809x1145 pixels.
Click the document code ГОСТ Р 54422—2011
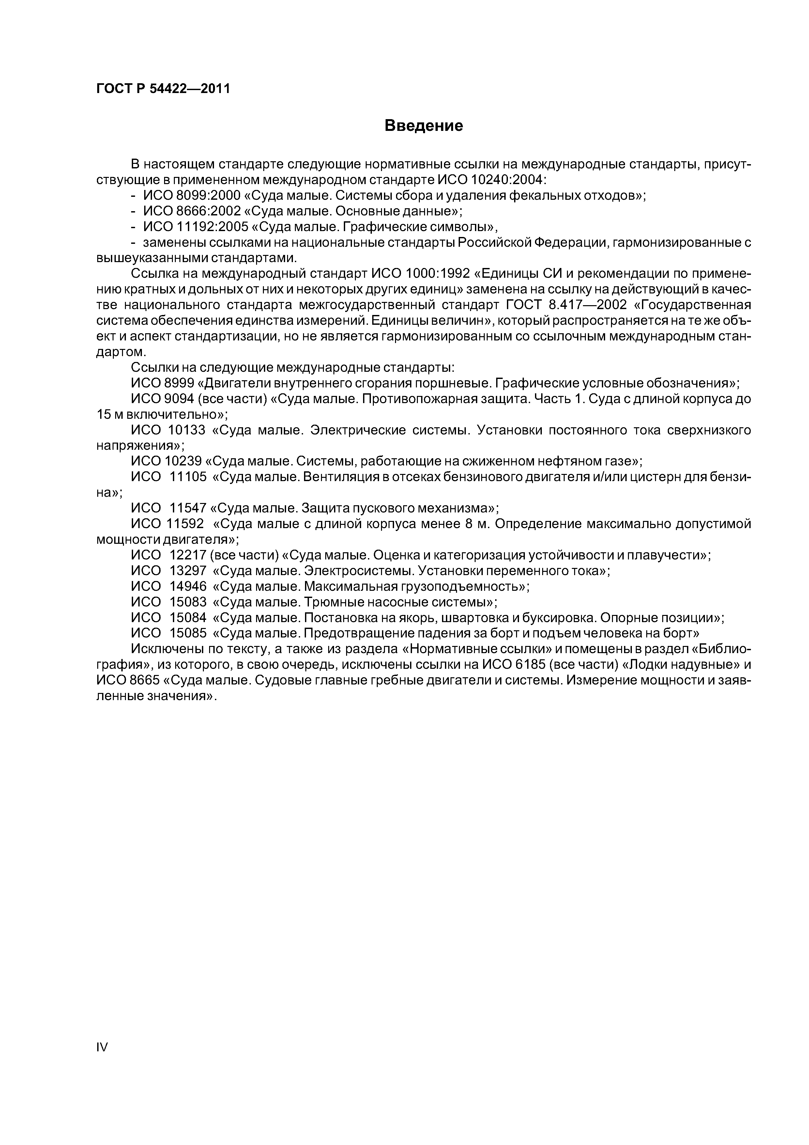(x=163, y=89)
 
